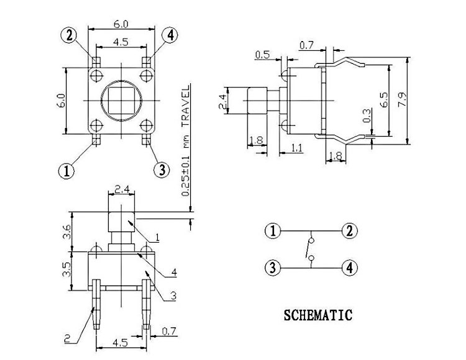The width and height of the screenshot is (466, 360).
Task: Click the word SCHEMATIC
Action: coord(318,315)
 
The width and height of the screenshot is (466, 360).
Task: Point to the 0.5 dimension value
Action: coord(262,56)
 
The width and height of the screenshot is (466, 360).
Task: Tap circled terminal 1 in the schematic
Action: coord(272,232)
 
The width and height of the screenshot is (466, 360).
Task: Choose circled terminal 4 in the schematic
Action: coord(350,268)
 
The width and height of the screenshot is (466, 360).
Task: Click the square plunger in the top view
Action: coord(120,100)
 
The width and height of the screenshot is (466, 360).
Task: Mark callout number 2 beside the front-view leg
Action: coord(66,338)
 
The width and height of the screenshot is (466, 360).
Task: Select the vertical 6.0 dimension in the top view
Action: coord(60,100)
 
